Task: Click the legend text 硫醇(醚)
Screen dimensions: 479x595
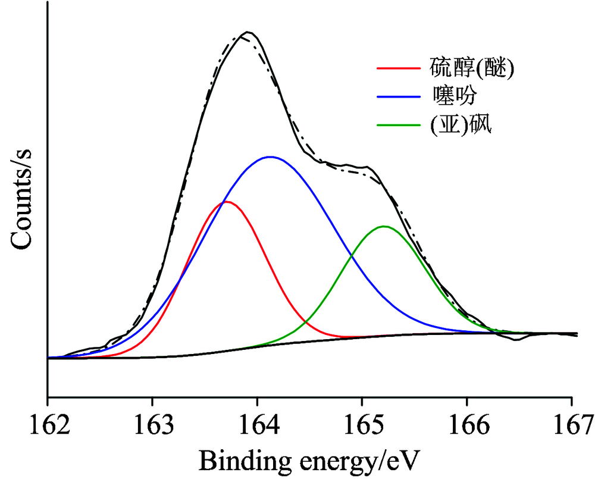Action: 471,67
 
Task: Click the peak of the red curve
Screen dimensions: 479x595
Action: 226,202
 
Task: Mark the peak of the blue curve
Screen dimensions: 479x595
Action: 271,157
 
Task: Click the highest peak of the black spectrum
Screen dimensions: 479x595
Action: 247,32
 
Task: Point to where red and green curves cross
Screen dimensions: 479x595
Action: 307,323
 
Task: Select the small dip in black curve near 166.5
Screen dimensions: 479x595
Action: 516,340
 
